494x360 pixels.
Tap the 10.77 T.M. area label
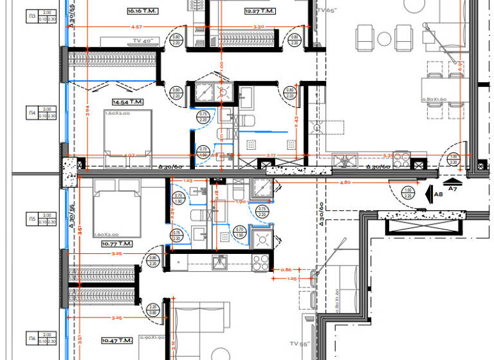click(116, 244)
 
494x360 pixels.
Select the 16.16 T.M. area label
click(143, 11)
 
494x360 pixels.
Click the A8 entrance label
click(439, 194)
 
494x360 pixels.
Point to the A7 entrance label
click(453, 188)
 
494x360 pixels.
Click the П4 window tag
click(32, 113)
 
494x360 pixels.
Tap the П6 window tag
click(32, 337)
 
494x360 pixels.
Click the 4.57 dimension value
click(136, 27)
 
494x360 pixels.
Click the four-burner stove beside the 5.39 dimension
click(402, 157)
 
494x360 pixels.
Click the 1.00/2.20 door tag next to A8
click(407, 192)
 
